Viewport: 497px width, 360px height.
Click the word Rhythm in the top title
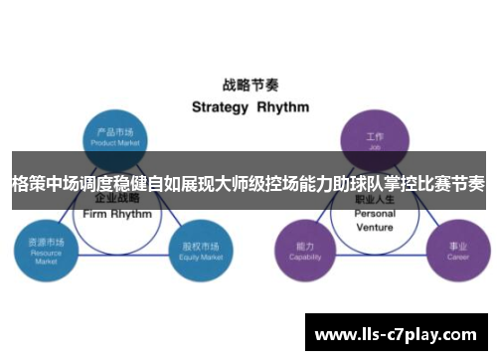[283, 106]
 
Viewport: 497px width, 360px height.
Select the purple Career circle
[457, 249]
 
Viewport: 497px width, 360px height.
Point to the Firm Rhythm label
[118, 214]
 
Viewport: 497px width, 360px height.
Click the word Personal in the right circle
[375, 214]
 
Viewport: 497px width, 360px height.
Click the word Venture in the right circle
[375, 227]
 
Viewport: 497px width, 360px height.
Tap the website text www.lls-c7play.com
[397, 332]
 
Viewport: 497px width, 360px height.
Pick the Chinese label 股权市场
[196, 244]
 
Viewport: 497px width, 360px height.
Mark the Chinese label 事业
[457, 245]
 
